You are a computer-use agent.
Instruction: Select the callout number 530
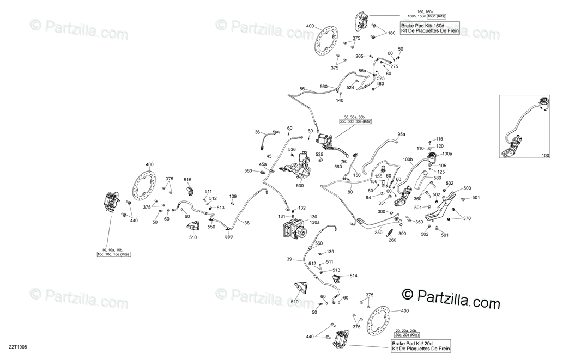[299, 185]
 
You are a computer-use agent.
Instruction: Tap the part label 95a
[401, 134]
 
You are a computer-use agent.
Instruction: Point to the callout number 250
[378, 233]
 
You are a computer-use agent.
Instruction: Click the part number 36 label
[257, 132]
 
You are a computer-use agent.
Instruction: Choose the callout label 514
[354, 276]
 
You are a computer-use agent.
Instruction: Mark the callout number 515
[187, 180]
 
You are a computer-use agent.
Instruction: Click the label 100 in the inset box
[546, 155]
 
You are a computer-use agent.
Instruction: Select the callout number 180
[391, 33]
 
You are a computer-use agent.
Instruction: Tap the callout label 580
[437, 177]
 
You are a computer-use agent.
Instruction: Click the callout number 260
[392, 240]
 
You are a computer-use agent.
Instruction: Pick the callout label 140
[340, 101]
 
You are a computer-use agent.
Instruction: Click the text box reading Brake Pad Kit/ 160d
[431, 28]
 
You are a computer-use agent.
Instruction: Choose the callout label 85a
[362, 71]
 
